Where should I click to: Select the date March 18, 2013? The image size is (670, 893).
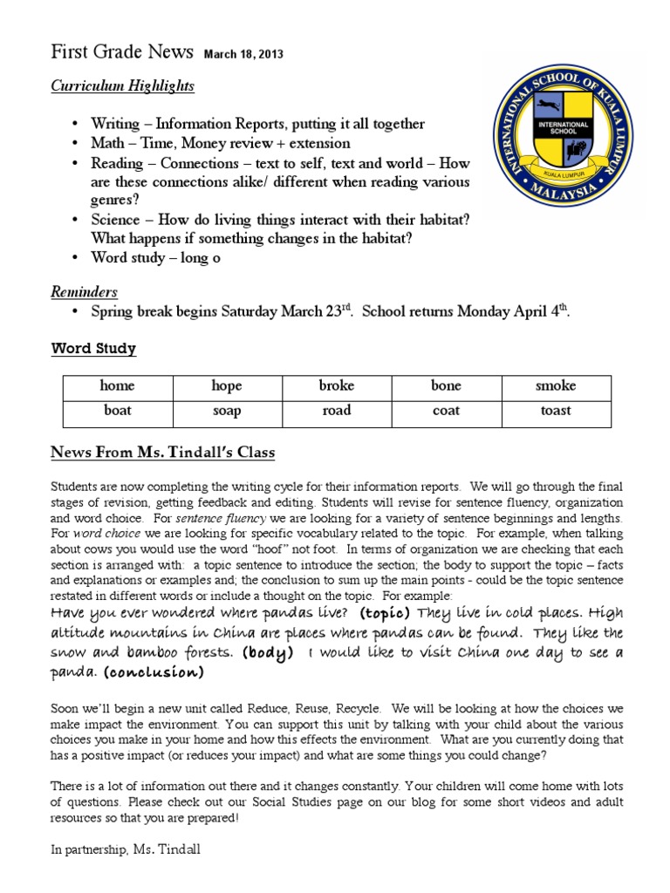243,54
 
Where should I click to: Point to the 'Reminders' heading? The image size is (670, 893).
84,292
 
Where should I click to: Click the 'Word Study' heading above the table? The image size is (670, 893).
92,349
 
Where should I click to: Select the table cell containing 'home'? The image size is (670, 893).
118,386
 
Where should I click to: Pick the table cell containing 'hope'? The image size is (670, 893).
227,386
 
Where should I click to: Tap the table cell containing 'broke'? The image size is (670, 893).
336,386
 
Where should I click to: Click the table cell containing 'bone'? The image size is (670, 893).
446,386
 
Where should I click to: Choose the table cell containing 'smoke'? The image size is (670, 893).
556,386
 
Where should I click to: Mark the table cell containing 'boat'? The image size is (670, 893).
118,411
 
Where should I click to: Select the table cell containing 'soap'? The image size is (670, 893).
227,411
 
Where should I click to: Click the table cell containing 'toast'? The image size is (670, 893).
556,411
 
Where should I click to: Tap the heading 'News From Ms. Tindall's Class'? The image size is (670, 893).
162,452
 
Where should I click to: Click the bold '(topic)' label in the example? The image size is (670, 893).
385,614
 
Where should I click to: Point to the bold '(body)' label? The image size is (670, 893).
267,652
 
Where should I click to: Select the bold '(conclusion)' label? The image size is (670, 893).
154,672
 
